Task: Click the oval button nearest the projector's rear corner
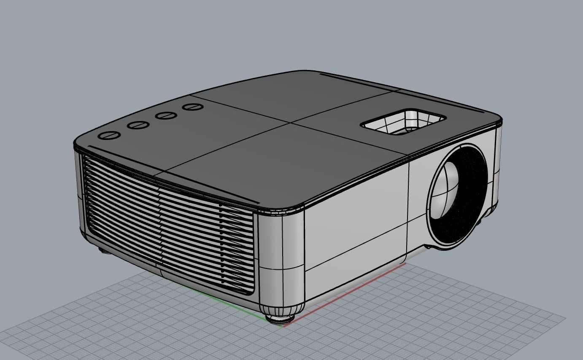[109, 136]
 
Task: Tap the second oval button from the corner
[139, 125]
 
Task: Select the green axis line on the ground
[224, 301]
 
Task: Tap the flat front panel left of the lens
[356, 219]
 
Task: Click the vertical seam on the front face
[408, 207]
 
